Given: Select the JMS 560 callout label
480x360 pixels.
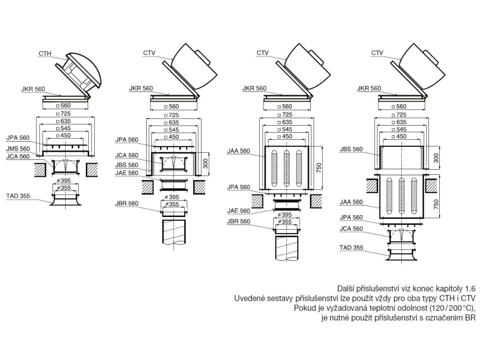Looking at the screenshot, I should [18, 149].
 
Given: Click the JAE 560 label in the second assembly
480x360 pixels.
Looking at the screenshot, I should [127, 173].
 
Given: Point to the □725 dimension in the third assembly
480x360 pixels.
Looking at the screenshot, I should [281, 114].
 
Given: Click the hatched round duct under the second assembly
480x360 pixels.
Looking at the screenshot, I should [173, 232].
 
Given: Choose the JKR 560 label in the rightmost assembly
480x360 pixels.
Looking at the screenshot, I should [368, 88].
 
